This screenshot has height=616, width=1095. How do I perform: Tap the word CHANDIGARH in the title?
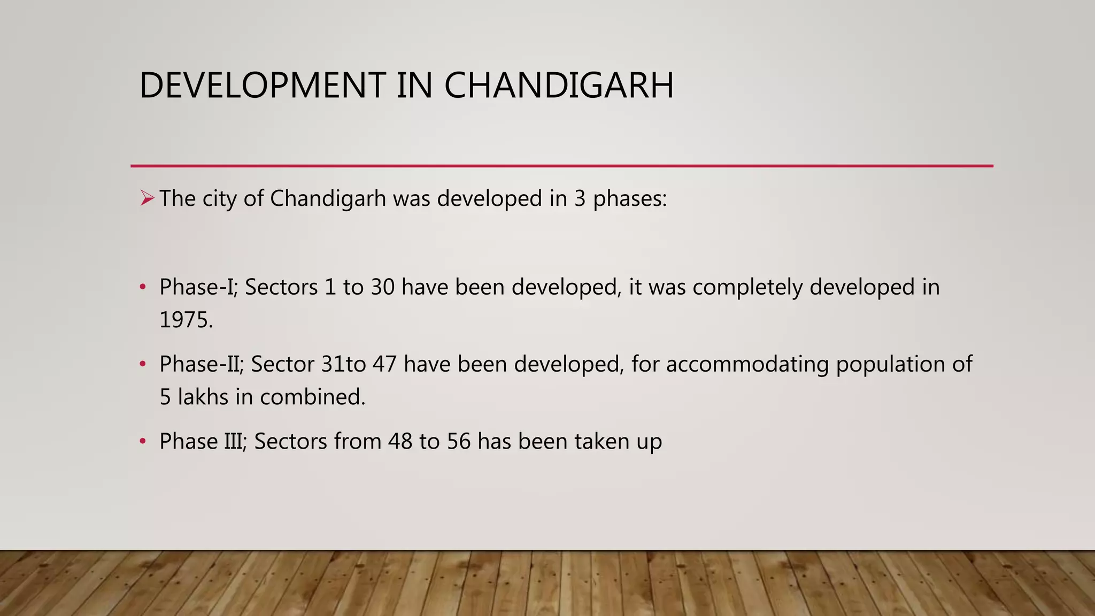[x=559, y=86]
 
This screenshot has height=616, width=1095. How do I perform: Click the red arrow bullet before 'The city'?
[x=146, y=199]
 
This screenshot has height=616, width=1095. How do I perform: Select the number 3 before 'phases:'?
[x=580, y=199]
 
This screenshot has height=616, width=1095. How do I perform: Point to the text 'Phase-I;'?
[x=198, y=288]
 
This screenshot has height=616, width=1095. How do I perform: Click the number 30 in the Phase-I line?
[x=382, y=288]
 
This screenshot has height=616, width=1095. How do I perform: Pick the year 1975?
[x=186, y=320]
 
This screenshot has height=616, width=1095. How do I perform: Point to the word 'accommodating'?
[x=747, y=365]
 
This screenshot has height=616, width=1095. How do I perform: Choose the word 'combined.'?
[x=312, y=397]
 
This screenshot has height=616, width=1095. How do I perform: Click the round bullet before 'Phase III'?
[x=142, y=442]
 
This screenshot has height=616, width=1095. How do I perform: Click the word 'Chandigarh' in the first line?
[x=328, y=199]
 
